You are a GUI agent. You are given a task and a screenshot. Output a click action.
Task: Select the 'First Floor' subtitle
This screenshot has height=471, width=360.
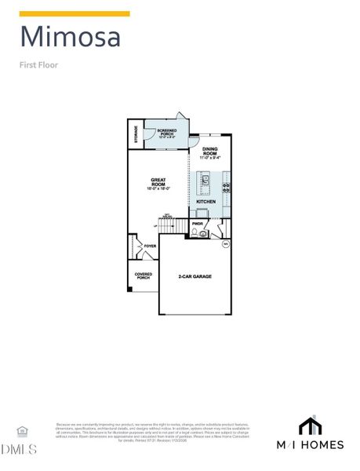[38, 65]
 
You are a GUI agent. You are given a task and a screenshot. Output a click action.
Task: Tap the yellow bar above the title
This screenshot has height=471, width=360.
[75, 13]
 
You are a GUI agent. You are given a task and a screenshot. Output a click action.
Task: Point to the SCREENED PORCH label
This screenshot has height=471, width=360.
[166, 133]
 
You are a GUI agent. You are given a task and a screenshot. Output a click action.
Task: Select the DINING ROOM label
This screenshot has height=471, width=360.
[210, 152]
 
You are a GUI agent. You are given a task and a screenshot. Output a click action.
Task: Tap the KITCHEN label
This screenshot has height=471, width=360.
[205, 202]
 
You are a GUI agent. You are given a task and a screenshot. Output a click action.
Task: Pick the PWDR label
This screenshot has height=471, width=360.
[198, 224]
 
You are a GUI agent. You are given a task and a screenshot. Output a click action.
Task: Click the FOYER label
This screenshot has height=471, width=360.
[149, 246]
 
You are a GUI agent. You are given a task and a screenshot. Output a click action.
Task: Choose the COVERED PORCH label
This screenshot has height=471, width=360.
[144, 276]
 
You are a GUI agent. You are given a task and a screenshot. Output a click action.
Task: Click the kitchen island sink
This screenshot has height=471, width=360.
[205, 181]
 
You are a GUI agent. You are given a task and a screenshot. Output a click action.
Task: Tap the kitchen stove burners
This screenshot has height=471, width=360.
[227, 187]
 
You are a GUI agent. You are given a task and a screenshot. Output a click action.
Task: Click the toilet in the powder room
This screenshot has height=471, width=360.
[202, 233]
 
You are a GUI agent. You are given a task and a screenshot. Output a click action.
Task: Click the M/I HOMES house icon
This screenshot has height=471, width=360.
[311, 425]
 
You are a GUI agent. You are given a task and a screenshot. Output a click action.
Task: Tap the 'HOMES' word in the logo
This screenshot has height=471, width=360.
[325, 445]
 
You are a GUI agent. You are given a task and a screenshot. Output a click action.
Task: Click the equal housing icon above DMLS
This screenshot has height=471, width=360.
[21, 431]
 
